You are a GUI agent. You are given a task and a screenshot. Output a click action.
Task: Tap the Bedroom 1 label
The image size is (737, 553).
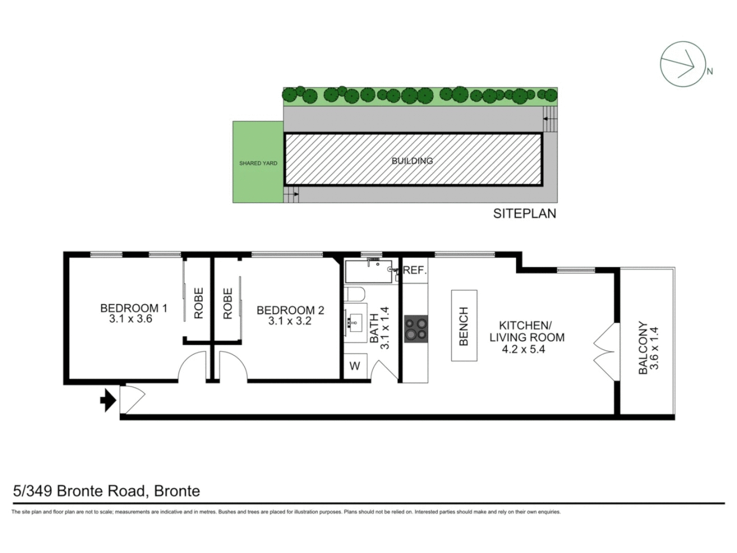click(134, 308)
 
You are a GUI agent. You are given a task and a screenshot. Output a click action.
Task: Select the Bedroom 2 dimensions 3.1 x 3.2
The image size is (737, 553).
click(290, 321)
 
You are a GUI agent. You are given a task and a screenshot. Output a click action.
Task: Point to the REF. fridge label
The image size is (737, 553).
click(415, 270)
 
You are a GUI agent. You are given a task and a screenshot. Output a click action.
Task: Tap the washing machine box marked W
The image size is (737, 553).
click(355, 366)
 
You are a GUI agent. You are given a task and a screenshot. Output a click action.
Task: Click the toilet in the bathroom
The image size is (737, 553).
click(353, 295)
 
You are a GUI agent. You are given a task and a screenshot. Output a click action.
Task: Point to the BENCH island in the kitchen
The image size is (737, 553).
click(464, 326)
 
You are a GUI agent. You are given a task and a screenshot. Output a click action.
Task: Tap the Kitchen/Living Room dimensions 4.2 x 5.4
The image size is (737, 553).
click(523, 350)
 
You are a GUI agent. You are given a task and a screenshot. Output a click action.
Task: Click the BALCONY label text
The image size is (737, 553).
click(643, 348)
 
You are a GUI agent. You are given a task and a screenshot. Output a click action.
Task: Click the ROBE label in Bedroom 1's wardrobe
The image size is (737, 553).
click(199, 303)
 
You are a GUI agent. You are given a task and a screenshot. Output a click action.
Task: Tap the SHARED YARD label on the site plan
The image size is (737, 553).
click(258, 163)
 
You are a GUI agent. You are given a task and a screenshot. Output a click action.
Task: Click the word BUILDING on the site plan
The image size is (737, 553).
click(412, 161)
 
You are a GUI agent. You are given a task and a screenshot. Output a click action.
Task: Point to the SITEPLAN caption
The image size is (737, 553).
click(525, 214)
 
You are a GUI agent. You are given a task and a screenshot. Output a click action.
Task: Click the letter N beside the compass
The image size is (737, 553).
click(709, 72)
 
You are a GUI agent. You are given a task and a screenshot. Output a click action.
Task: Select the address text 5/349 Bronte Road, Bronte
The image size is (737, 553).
click(106, 491)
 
